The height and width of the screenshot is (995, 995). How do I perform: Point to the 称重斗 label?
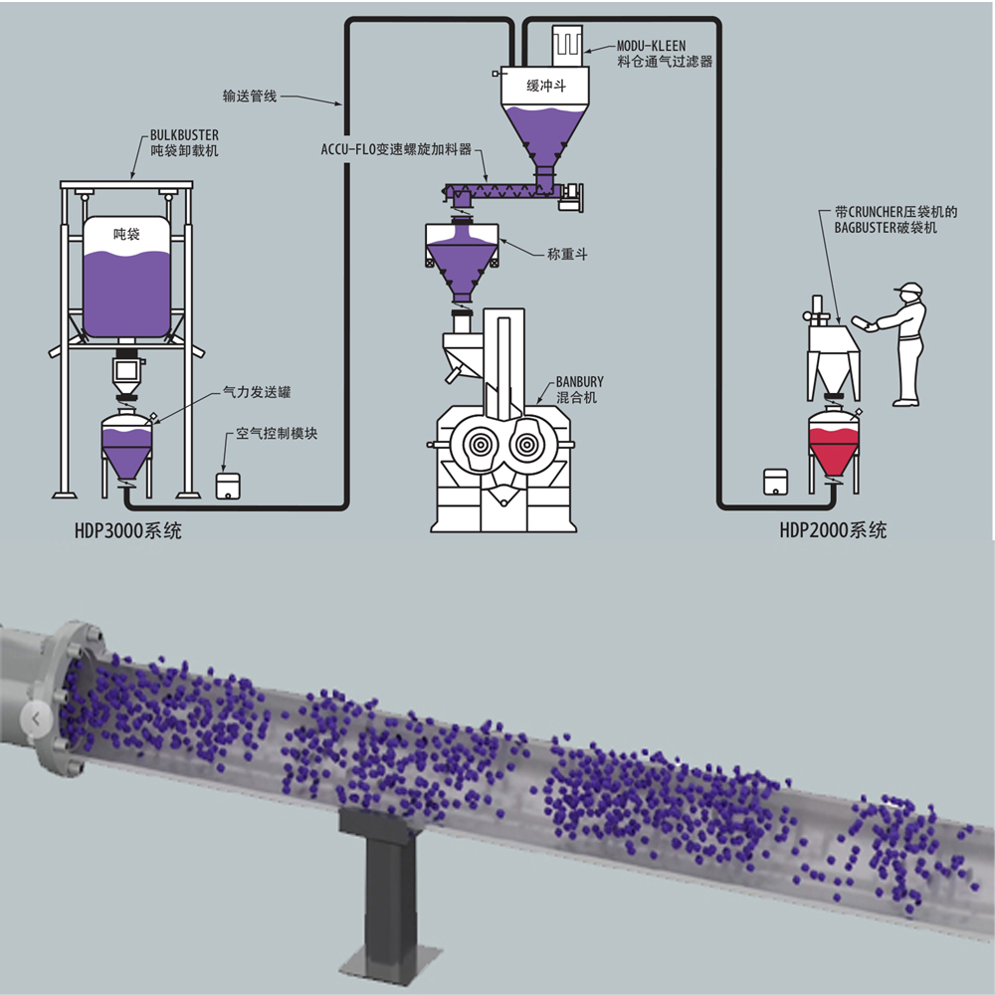pyautogui.click(x=568, y=255)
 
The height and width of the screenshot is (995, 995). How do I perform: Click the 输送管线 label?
pyautogui.click(x=250, y=98)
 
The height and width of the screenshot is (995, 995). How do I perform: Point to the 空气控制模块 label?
pyautogui.click(x=278, y=435)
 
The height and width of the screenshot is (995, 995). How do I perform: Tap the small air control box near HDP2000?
pyautogui.click(x=775, y=481)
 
